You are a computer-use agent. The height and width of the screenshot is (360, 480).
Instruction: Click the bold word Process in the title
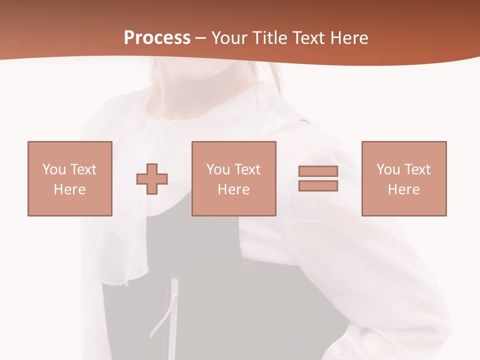tap(157, 38)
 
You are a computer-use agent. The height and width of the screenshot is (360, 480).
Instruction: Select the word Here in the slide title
tap(347, 38)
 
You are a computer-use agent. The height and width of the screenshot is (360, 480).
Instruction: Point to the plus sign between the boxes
tap(152, 178)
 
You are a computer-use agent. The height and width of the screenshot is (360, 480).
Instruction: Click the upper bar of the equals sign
tap(318, 171)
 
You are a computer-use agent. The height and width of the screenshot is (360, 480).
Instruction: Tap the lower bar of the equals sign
tap(318, 186)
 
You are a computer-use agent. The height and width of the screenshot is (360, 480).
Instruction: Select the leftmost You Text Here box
tap(69, 178)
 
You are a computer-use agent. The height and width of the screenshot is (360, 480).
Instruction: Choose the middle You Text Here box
tap(233, 178)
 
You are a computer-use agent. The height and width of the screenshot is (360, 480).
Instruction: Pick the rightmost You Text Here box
tap(403, 178)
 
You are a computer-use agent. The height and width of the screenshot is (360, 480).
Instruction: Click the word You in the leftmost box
tap(54, 169)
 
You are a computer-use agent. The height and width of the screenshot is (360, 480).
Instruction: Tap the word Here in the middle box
tap(233, 189)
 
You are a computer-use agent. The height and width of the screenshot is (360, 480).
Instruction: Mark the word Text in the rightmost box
tap(417, 169)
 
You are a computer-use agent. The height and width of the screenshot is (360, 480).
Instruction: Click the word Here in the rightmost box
tap(403, 189)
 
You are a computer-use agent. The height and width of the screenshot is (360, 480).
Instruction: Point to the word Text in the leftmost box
tap(83, 169)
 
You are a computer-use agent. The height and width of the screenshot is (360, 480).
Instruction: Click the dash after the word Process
tap(201, 38)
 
